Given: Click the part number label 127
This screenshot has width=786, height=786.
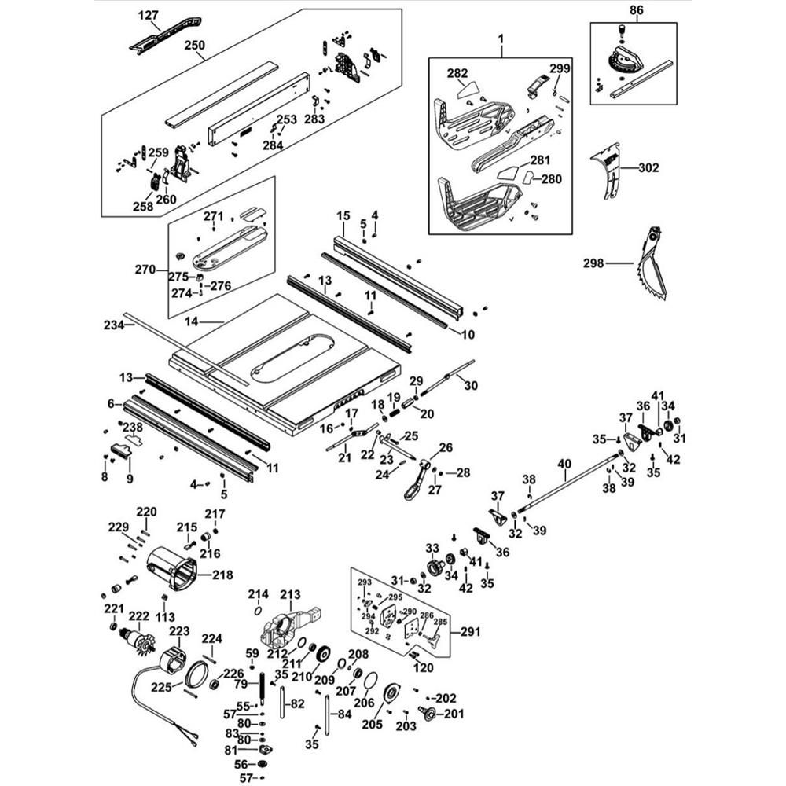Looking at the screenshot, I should click(x=149, y=15).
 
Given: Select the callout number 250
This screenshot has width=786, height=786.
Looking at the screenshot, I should click(x=194, y=46).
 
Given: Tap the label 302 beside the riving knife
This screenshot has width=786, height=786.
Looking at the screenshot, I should click(x=648, y=167).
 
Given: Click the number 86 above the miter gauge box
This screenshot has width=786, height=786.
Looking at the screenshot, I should click(x=636, y=10).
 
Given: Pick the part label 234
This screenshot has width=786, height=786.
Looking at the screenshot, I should click(x=115, y=325).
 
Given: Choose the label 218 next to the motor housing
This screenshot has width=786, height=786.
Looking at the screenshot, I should click(x=222, y=575).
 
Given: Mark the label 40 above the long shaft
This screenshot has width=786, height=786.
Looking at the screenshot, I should click(x=564, y=465).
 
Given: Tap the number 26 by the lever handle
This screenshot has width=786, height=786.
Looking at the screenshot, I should click(x=446, y=447).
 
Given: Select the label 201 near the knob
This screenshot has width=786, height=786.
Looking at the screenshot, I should click(x=454, y=714).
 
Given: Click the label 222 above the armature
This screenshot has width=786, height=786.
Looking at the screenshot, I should click(x=139, y=616).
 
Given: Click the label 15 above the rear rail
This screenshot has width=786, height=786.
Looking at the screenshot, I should click(x=343, y=216).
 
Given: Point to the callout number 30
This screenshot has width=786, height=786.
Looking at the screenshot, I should click(x=470, y=385).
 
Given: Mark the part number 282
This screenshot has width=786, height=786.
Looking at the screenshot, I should click(x=457, y=73).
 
